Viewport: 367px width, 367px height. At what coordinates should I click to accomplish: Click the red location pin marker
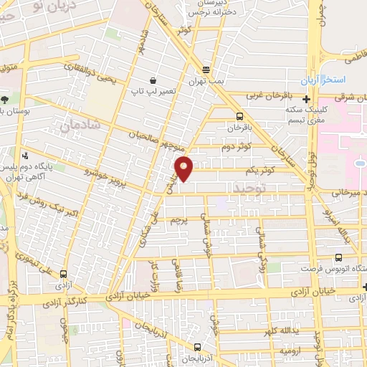pos(184,168)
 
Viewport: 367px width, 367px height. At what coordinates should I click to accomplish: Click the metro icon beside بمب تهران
pos(206,70)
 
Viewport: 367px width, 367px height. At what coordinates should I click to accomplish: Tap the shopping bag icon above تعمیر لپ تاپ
pos(153,82)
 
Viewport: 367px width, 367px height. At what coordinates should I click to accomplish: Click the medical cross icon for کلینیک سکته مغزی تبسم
pos(307,100)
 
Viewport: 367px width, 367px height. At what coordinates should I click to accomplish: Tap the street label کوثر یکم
pos(259,170)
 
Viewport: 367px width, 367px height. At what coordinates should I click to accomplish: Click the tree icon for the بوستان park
pos(5,99)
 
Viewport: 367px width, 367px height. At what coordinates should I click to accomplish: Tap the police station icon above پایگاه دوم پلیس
pos(26,155)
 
